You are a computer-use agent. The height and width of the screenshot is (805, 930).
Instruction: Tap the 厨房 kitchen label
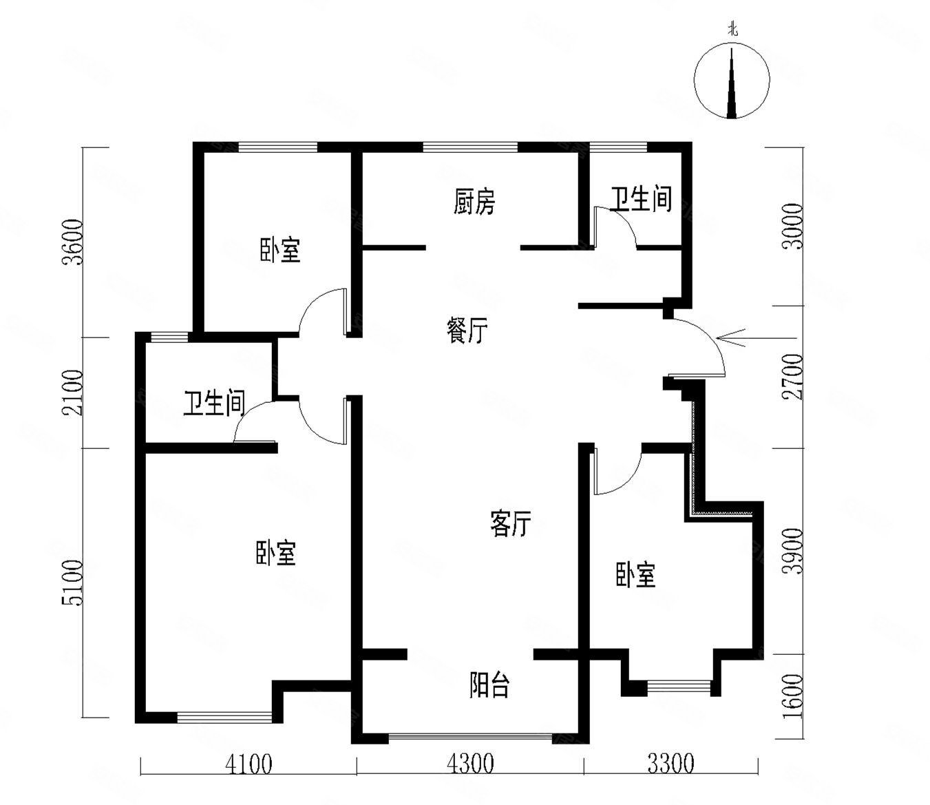[x=474, y=202]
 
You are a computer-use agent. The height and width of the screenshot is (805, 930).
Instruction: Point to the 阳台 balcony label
[x=489, y=685]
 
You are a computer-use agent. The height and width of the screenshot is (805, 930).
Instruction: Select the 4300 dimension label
[x=470, y=764]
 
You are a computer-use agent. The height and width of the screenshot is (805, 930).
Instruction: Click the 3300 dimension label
[x=670, y=764]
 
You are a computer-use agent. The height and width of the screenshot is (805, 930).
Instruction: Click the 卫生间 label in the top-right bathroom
[x=641, y=199]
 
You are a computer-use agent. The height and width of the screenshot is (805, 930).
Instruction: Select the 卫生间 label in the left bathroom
[x=214, y=404]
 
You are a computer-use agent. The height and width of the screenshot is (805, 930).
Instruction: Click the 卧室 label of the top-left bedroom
[x=279, y=249]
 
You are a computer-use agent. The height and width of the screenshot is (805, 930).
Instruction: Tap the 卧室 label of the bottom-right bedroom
[x=635, y=574]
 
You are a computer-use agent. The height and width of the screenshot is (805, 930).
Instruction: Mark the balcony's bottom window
[x=471, y=738]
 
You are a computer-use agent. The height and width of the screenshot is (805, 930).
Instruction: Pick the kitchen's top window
[x=470, y=146]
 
